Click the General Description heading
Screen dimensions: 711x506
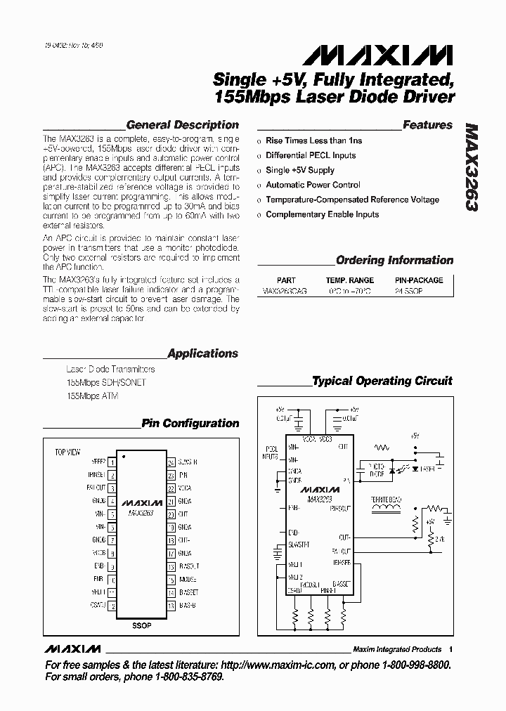click(182, 125)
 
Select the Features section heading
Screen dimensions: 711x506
click(427, 125)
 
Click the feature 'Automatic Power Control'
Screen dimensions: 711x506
click(313, 185)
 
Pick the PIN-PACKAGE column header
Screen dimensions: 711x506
click(420, 280)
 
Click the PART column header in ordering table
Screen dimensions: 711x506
click(286, 280)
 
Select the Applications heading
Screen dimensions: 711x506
click(202, 354)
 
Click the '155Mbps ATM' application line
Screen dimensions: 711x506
click(92, 396)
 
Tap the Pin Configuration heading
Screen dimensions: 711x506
click(190, 424)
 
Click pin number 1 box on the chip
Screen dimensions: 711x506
click(113, 462)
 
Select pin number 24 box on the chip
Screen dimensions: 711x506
click(171, 462)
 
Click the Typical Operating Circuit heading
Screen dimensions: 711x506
click(382, 381)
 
